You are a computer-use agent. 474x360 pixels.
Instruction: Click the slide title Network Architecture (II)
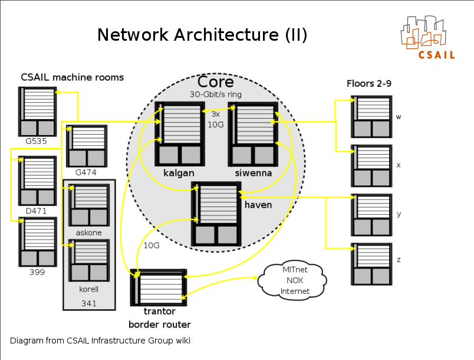pos(202,35)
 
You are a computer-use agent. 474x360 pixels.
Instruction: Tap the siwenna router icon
pos(253,133)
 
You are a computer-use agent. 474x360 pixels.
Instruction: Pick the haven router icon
pos(216,214)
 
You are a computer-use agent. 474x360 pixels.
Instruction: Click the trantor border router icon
pos(159,287)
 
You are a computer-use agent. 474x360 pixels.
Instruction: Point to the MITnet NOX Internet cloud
pos(295,280)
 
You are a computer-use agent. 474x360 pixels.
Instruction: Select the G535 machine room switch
pos(37,111)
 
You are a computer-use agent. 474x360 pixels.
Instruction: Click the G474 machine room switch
pos(87,146)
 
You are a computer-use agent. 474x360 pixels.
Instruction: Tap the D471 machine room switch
pos(37,181)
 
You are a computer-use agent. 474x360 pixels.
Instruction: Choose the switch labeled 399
pos(37,242)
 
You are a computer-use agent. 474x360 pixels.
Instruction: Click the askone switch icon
pos(89,205)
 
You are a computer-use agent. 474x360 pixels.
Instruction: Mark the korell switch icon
pos(89,260)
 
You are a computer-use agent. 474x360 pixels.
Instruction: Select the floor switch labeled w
pos(370,116)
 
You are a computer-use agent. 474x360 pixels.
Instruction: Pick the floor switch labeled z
pos(370,264)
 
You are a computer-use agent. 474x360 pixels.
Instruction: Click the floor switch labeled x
pos(370,166)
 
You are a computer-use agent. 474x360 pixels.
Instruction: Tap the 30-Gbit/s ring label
pos(215,94)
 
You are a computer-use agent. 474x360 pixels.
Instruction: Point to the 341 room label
pos(88,303)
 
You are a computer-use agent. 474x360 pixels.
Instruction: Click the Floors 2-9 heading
pos(369,84)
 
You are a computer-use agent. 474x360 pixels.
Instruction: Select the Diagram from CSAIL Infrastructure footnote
pos(100,341)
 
